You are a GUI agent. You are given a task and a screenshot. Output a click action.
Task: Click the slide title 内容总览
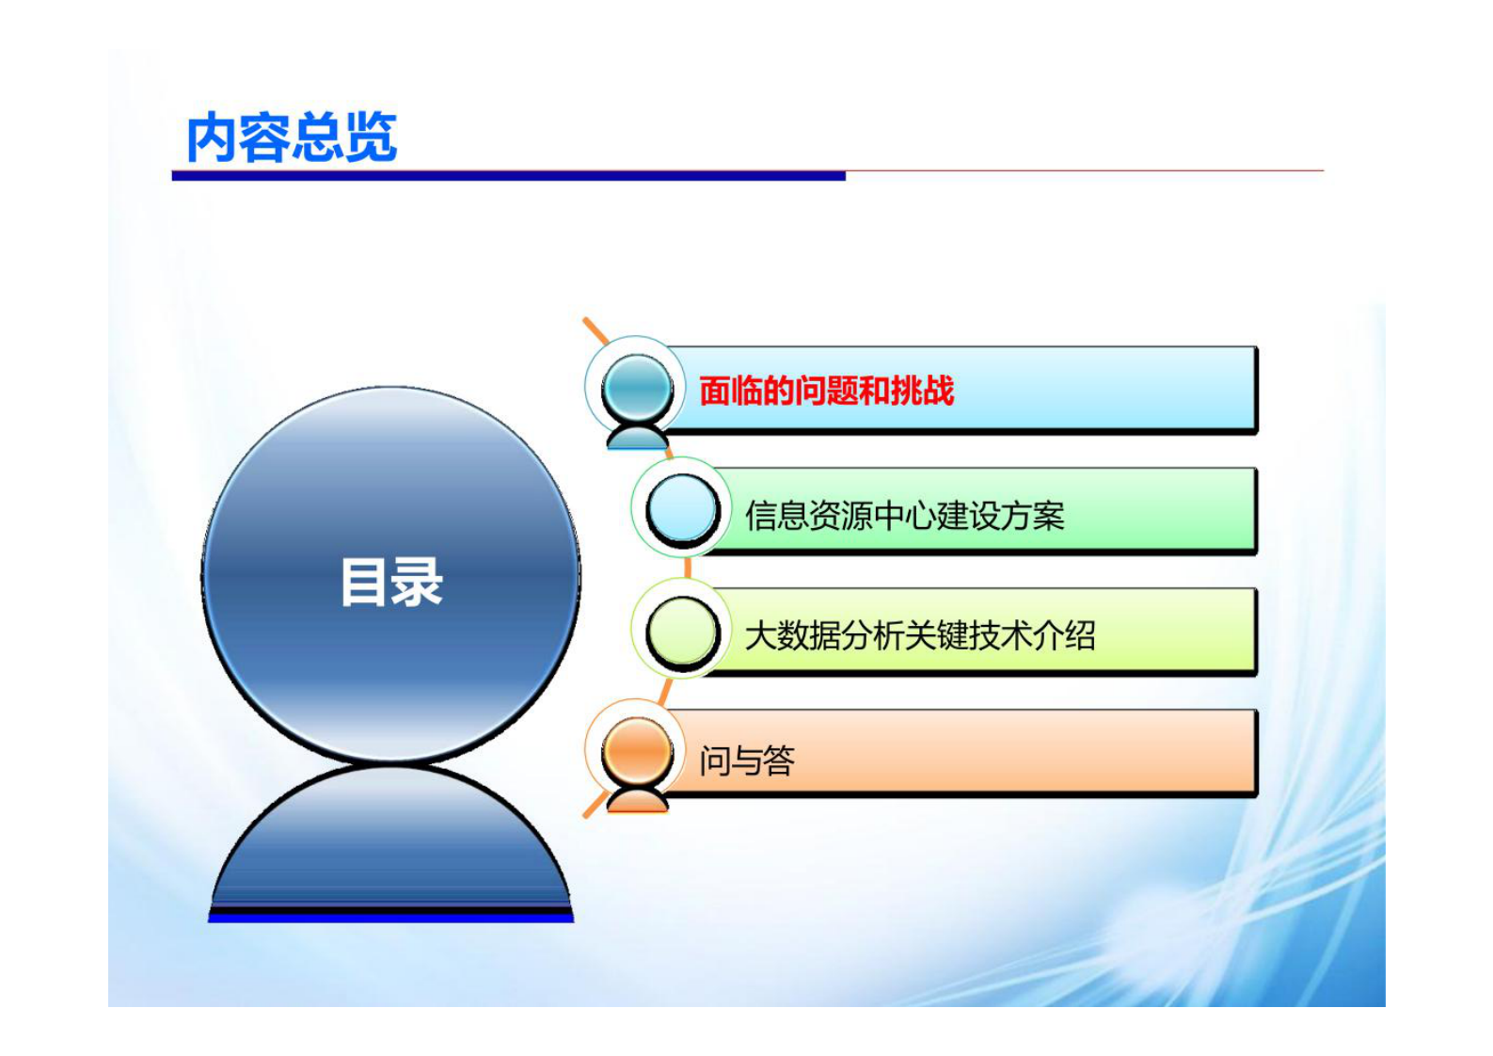pos(292,138)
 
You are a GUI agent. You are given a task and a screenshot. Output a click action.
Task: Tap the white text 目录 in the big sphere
pos(391,582)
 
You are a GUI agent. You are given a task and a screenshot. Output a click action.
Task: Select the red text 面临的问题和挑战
pos(826,391)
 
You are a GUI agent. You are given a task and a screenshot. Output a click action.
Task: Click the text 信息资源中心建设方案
pos(904,515)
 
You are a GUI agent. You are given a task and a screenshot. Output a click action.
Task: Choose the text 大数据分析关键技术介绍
pos(919,635)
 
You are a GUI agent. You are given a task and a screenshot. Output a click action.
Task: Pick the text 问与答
pos(747,760)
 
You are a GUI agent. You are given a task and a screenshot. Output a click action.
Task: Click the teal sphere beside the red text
pos(637,387)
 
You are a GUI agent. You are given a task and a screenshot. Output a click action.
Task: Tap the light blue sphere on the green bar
pos(683,508)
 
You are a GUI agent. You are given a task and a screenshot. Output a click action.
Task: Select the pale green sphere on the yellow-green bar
pos(683,631)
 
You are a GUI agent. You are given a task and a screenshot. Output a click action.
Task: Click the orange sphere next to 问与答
pos(637,752)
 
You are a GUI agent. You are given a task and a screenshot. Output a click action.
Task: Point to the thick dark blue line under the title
pos(508,175)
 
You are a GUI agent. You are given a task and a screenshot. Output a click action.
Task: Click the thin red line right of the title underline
pos(1082,171)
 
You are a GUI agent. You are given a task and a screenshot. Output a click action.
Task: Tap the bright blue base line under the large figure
pos(390,916)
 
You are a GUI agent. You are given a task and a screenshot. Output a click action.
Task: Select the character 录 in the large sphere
pos(418,582)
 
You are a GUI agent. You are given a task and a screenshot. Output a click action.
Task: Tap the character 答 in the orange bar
pos(779,760)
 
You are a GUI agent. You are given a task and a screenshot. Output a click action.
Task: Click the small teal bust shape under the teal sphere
pos(637,437)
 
